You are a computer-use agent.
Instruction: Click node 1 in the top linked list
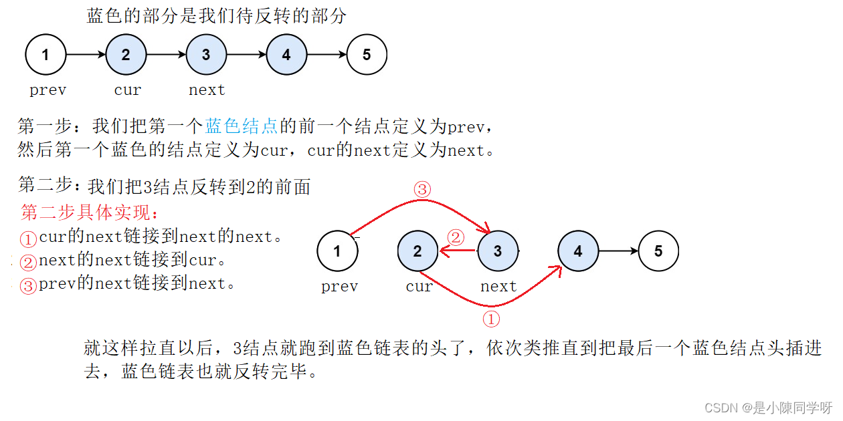[45, 54]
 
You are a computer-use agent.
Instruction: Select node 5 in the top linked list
[367, 54]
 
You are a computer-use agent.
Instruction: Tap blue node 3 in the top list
[206, 54]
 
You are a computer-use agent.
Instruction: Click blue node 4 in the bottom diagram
[578, 251]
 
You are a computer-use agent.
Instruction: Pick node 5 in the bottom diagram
[658, 251]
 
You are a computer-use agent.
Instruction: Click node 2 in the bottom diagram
[417, 251]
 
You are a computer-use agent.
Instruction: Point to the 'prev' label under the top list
[48, 90]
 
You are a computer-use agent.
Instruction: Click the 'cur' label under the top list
[127, 90]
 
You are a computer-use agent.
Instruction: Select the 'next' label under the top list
[207, 90]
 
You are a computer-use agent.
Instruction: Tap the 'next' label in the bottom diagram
[498, 287]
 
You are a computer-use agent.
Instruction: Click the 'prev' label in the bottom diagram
[339, 287]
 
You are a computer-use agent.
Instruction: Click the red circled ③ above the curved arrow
[421, 189]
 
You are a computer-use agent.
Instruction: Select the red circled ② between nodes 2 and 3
[455, 237]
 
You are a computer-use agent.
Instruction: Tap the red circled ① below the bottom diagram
[491, 319]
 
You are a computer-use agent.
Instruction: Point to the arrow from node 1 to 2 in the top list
[86, 54]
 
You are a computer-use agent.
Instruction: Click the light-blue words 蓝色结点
[242, 126]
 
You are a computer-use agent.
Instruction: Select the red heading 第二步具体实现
[90, 213]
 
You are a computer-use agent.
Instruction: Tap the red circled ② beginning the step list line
[27, 261]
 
